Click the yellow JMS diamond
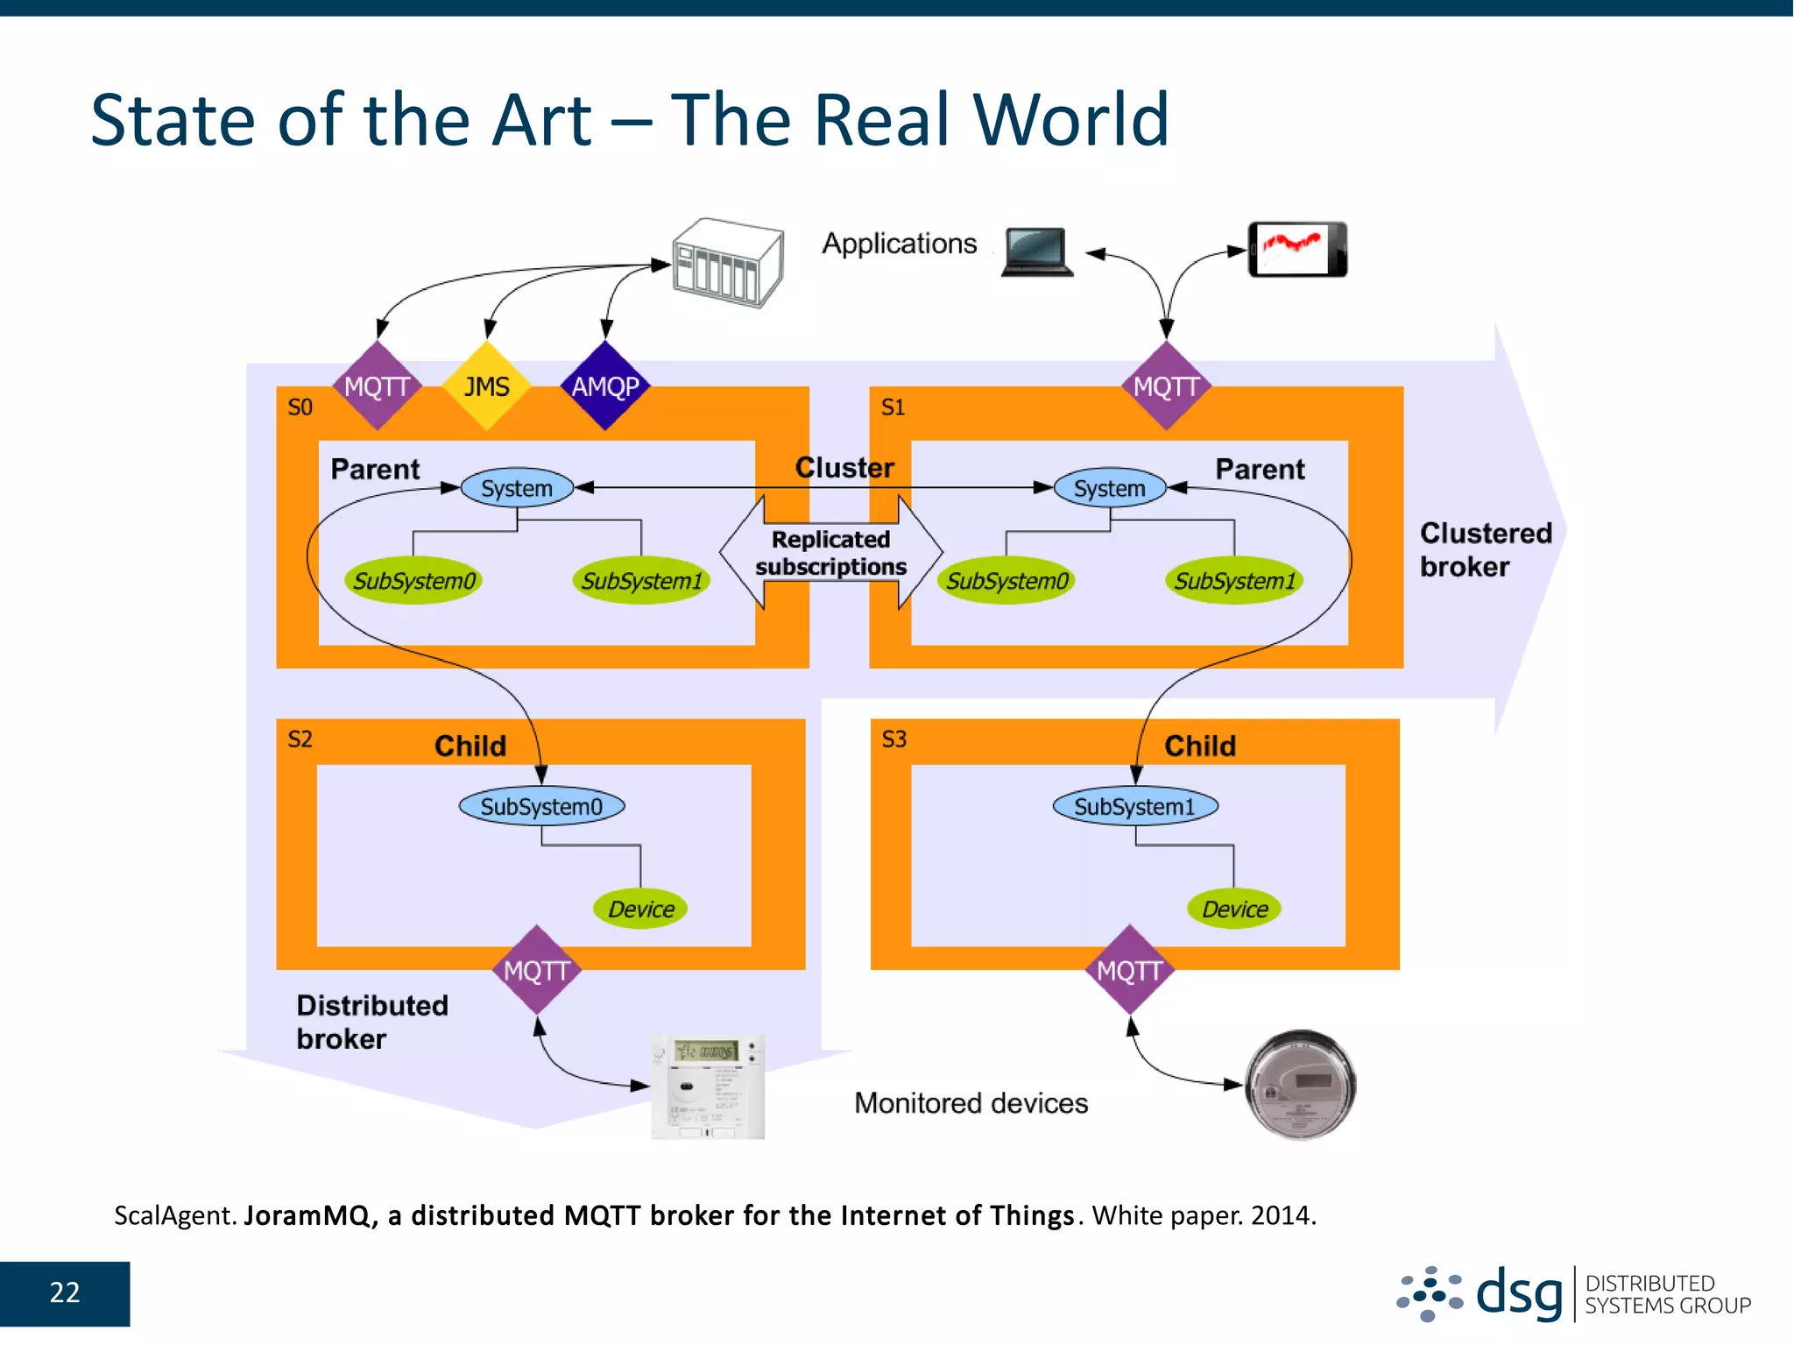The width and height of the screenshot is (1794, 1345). click(x=486, y=386)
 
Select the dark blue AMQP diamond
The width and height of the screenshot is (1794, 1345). click(x=605, y=386)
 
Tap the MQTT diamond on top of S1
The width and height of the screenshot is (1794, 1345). click(x=1166, y=386)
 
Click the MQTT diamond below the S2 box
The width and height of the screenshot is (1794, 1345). click(x=537, y=970)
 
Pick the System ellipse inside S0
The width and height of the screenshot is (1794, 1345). click(x=517, y=488)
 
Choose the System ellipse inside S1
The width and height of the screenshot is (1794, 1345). click(x=1109, y=488)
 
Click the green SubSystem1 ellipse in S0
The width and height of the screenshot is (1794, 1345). click(x=641, y=580)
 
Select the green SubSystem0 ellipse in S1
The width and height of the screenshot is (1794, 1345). click(x=1007, y=580)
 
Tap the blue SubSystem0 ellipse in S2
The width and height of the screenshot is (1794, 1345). click(x=541, y=806)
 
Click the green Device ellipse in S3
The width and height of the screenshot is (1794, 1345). click(x=1234, y=909)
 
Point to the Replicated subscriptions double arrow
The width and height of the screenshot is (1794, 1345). click(x=830, y=552)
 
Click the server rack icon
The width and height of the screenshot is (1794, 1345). click(x=727, y=262)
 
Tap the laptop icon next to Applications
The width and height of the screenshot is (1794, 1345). click(x=1037, y=251)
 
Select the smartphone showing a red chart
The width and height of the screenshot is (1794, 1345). click(x=1297, y=250)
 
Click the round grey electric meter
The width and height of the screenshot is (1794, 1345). click(x=1300, y=1085)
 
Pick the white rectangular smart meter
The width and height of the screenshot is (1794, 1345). click(x=708, y=1087)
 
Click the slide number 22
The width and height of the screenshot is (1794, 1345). click(x=65, y=1292)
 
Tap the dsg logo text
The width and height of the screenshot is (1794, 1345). click(x=1519, y=1293)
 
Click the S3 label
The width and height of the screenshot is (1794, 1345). click(x=893, y=740)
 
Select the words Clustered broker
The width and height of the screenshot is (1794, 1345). click(x=1485, y=549)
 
